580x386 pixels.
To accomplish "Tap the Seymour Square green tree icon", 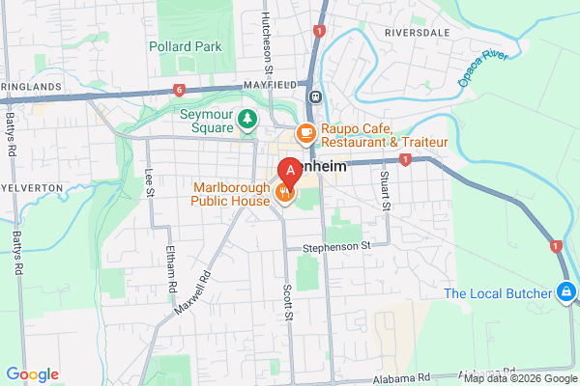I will (248, 119).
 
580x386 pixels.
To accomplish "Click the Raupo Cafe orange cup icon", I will (305, 132).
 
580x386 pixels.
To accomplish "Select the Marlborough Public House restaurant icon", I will (284, 191).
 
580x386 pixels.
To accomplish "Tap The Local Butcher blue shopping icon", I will (567, 291).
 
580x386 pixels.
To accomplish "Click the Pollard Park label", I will (186, 46).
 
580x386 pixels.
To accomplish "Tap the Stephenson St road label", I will (336, 247).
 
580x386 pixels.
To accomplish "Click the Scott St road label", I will (287, 302).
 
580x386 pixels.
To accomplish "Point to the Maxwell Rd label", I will (193, 296).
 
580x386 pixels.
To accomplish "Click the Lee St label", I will (149, 182).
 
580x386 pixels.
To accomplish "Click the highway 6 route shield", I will (180, 90).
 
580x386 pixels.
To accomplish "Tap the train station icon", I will (315, 96).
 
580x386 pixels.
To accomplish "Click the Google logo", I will (32, 374).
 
